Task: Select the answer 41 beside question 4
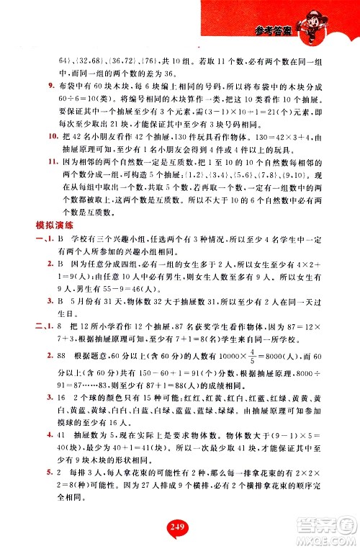[64, 455]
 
